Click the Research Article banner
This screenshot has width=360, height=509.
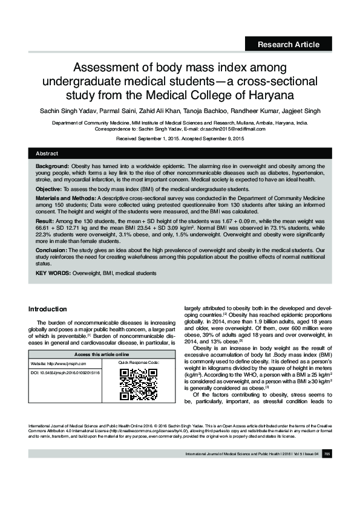coord(288,44)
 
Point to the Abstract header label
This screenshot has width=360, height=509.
coord(47,154)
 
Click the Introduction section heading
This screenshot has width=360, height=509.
coord(52,309)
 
